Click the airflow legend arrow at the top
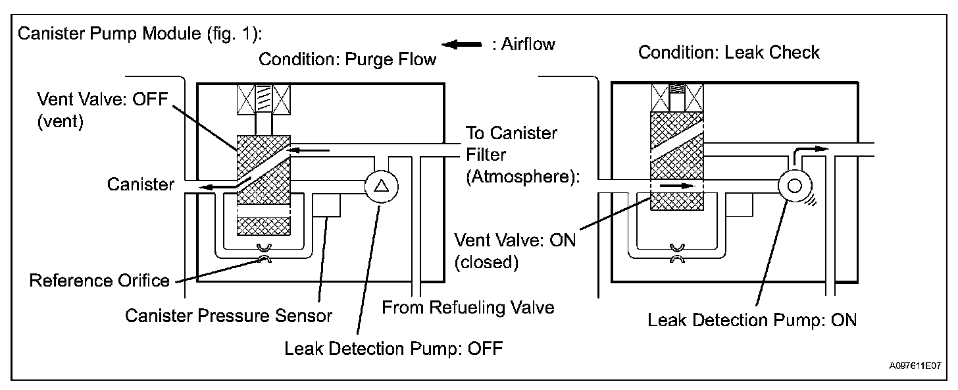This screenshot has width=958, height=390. pos(461,45)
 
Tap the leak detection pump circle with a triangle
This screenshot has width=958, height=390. pos(382,186)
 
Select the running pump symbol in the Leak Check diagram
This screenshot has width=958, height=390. pos(795,186)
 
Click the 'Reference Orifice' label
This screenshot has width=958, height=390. pos(99,281)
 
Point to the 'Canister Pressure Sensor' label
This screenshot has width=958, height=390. pos(228,316)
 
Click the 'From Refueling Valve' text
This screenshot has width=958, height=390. pos(468,308)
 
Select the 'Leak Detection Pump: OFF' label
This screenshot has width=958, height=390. pos(393,348)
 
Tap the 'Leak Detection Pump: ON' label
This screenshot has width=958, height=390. pos(752,320)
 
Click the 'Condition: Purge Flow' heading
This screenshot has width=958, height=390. pos(347,59)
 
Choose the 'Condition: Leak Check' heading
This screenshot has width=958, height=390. pos(729,52)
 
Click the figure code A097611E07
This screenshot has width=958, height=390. pos(915,366)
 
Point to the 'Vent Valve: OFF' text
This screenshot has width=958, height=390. pos(102,99)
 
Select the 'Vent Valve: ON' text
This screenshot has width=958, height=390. pos(515,240)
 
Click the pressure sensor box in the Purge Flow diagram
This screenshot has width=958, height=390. pos(326,205)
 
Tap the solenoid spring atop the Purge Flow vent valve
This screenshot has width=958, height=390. pos(263,99)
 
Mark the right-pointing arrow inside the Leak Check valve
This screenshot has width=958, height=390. pos(678,186)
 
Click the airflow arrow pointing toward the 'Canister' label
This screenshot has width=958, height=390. pos(218,186)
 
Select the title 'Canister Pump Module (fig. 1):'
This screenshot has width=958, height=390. pos(140,34)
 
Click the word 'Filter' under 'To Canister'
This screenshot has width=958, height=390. pos(486,154)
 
